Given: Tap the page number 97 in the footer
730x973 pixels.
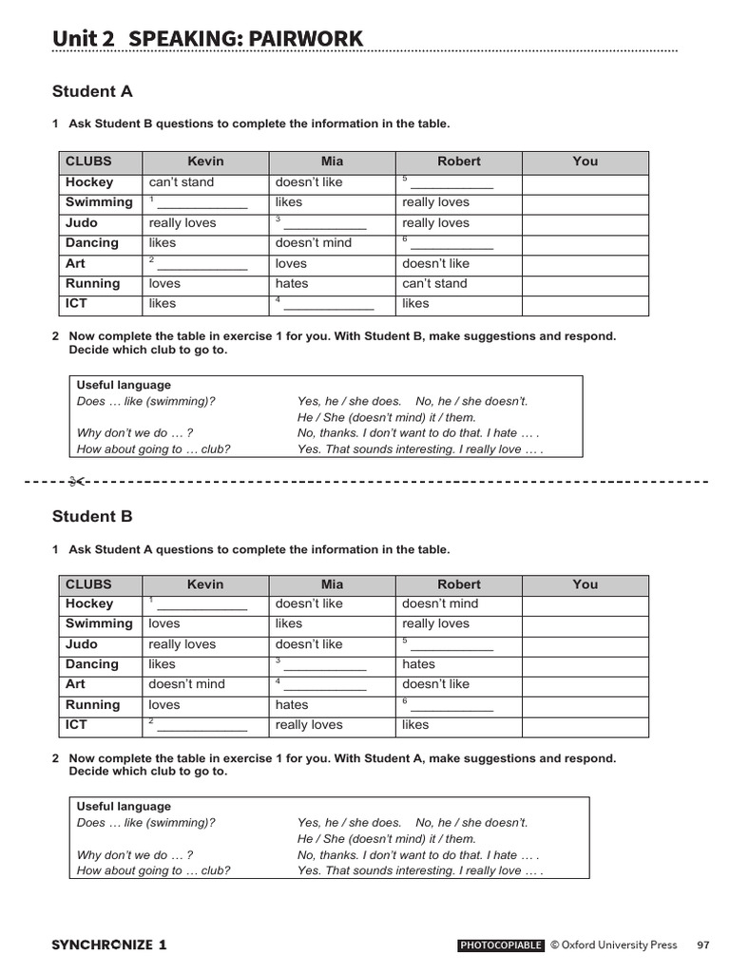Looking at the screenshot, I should [702, 944].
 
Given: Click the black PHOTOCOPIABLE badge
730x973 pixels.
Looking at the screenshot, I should [501, 945].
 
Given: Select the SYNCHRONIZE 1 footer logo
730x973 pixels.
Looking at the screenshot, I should [109, 944].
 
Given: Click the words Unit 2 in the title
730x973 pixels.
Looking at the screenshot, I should [84, 38].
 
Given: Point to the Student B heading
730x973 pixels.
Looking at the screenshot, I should [91, 517].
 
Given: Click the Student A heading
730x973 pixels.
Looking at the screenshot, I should [91, 92].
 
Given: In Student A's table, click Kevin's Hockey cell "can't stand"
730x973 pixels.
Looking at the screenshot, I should [182, 182].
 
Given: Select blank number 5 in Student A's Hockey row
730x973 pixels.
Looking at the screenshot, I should [451, 183].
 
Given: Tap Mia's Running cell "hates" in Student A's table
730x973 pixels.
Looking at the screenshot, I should [292, 283].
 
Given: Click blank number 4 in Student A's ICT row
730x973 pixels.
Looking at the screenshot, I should [327, 305].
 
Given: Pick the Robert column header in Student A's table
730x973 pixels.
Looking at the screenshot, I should [459, 162].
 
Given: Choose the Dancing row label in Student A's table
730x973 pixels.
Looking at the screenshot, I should [92, 243].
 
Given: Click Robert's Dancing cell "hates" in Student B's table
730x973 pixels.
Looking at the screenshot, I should [418, 664].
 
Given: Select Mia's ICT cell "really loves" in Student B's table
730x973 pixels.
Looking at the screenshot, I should [309, 725].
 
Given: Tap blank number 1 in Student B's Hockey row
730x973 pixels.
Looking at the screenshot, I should [201, 605].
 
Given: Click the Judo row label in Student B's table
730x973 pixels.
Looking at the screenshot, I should [82, 644].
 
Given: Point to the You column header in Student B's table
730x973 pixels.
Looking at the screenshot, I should [586, 584].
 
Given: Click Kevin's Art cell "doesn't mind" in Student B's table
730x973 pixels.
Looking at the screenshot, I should [187, 684].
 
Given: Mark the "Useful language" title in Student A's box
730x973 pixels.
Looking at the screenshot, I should [124, 385].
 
